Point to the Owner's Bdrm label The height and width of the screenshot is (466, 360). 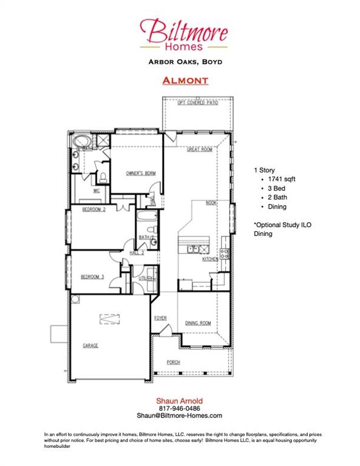point(141,174)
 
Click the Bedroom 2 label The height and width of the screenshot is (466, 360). point(94,209)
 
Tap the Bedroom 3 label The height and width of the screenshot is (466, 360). point(93,277)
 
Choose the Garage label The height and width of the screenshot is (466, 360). point(90,345)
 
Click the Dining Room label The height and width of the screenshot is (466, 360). point(198,323)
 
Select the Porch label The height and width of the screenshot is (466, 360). point(174,362)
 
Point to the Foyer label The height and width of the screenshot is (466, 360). point(160,317)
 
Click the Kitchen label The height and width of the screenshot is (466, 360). point(210,259)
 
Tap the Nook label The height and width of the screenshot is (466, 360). point(211,203)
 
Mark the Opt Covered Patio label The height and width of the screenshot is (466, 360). point(199,103)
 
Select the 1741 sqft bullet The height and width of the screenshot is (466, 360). point(277,180)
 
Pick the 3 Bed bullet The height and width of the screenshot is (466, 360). point(272,189)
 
